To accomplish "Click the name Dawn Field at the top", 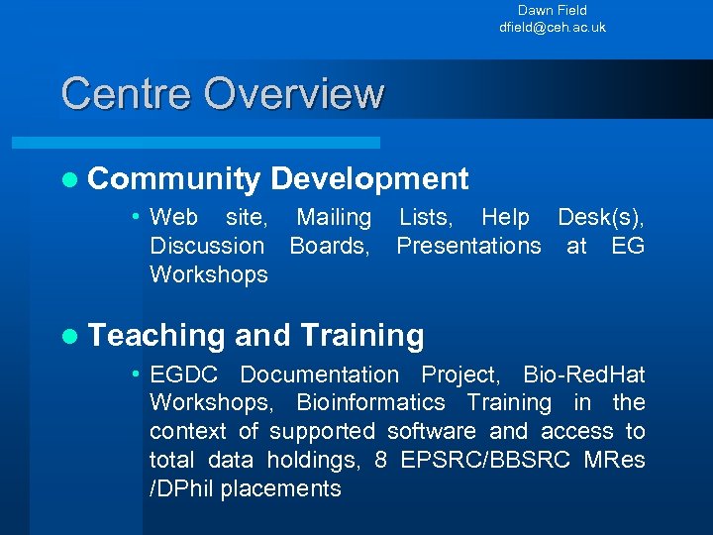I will [552, 10].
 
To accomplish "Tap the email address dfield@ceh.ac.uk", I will [552, 27].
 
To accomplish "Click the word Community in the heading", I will [174, 179].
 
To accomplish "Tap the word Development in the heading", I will [369, 179].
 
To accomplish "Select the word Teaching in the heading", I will [156, 336].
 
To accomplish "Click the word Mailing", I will [334, 217].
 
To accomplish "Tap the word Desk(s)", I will [600, 217].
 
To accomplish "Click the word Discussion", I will [207, 246].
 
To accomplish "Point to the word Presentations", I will [468, 246].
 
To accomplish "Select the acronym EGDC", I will [188, 374].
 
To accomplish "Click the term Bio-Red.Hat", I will [583, 374].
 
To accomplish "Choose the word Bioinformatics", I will [370, 403].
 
